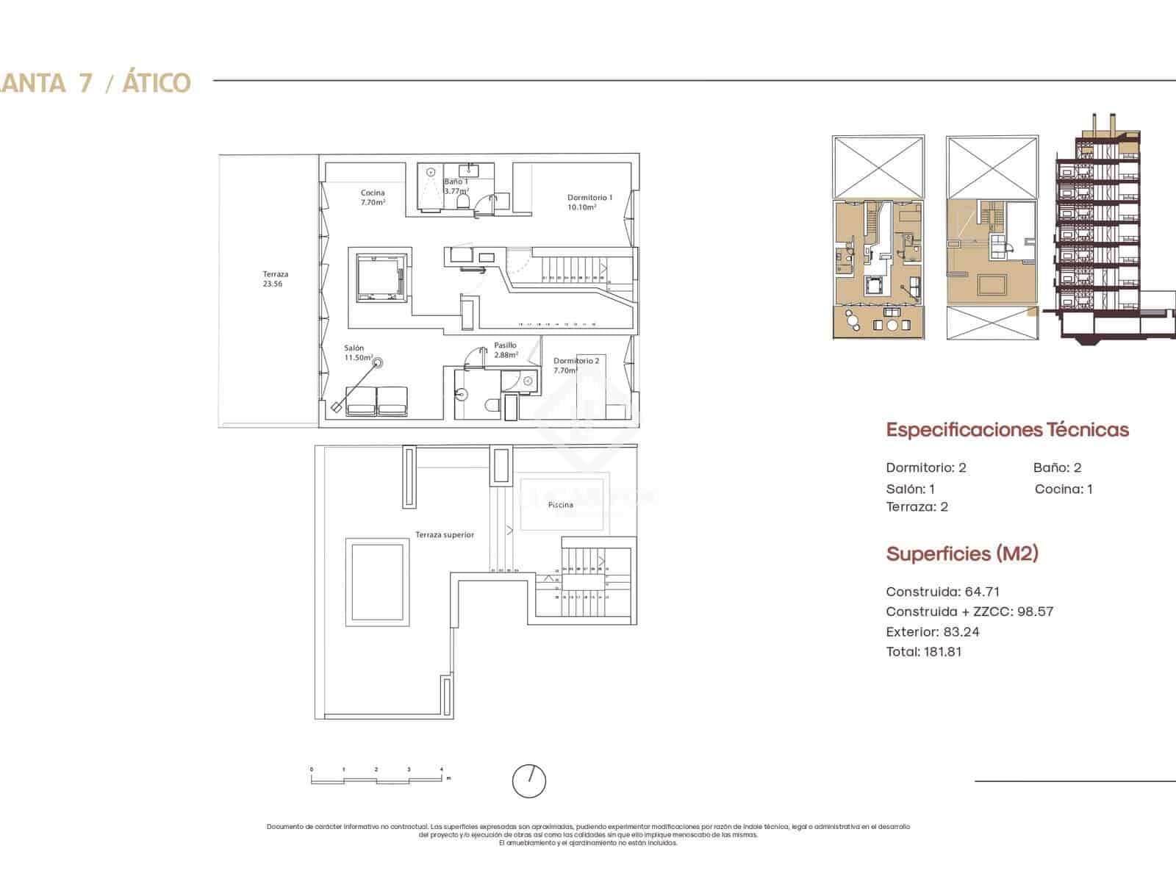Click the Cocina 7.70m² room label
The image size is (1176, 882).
[373, 197]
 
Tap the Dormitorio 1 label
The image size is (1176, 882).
[589, 201]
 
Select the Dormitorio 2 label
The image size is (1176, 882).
[576, 365]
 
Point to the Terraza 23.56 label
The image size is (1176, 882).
[273, 279]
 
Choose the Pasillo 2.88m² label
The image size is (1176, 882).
[506, 349]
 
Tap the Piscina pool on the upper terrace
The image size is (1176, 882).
[562, 505]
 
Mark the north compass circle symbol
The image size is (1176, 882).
[529, 781]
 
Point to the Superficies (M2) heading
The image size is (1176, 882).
[961, 554]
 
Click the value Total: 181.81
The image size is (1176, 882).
[924, 651]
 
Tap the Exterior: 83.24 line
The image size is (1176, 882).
[932, 631]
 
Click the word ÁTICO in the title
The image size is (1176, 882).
[156, 83]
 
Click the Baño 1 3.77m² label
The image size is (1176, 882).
[456, 186]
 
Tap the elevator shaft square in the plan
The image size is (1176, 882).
[381, 278]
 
